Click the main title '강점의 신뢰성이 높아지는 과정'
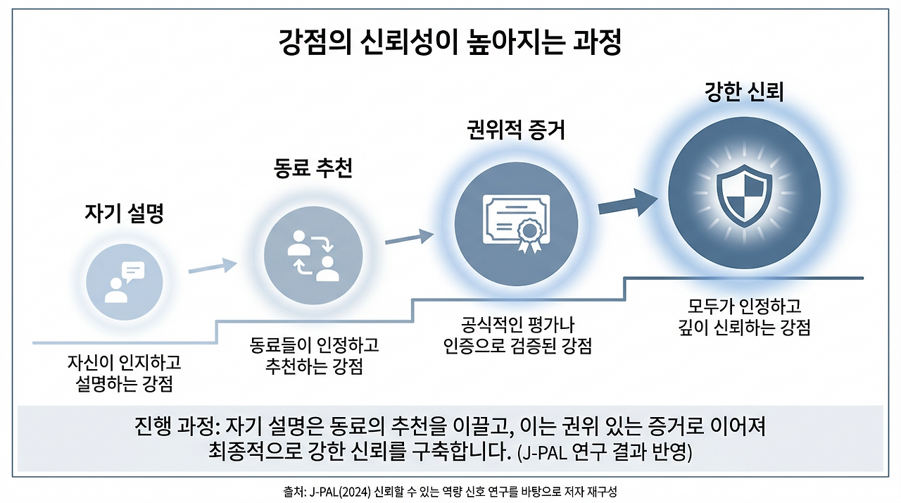click(450, 44)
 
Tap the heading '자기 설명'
click(124, 213)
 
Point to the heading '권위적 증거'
click(516, 130)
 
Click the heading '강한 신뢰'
click(744, 92)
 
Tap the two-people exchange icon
click(313, 255)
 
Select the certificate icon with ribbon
click(516, 223)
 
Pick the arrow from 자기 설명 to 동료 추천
click(213, 266)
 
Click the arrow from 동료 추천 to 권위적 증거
click(409, 237)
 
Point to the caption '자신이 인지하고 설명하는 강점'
click(124, 373)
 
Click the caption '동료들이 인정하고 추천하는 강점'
click(314, 356)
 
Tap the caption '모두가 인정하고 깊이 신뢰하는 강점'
click(744, 317)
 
